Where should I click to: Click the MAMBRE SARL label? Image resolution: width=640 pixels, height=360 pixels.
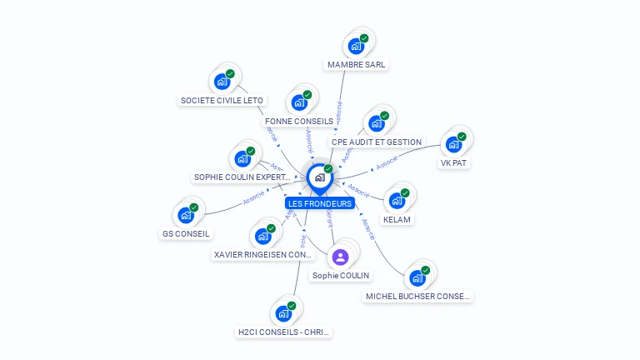coord(357,64)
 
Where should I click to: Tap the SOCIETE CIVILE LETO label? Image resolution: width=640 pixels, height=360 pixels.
coord(222,101)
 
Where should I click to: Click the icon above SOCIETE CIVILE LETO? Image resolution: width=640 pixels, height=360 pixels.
coord(222,81)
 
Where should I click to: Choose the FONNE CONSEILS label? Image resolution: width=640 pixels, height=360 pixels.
coord(299,122)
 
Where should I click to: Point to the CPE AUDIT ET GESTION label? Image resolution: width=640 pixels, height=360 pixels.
coord(377,142)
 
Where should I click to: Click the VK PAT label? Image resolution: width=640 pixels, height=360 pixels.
coord(453,162)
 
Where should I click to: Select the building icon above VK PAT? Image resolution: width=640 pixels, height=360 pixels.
coord(453,143)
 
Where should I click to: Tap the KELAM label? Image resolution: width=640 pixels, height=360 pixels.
coord(397,219)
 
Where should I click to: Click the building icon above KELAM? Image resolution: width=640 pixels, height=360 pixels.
coord(397,200)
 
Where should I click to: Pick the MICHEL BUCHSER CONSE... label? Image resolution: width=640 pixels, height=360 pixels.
coord(417,296)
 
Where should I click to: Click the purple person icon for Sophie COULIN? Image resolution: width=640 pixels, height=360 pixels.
coord(340,257)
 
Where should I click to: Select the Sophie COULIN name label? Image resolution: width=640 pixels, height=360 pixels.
coord(341,275)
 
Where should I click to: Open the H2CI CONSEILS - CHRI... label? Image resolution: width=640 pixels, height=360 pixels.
coord(283,332)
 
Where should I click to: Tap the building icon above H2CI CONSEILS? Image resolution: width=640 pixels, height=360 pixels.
coord(283,313)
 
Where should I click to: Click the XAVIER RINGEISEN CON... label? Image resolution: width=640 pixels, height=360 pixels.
coord(263,254)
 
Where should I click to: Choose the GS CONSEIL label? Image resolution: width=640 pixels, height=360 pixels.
coord(186,233)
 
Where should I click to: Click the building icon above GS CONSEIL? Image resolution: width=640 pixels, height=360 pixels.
coord(186,214)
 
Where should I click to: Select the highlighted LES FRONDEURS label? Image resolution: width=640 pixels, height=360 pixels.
coord(320,203)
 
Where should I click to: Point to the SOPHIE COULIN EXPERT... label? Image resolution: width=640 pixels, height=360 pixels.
coord(242,177)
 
